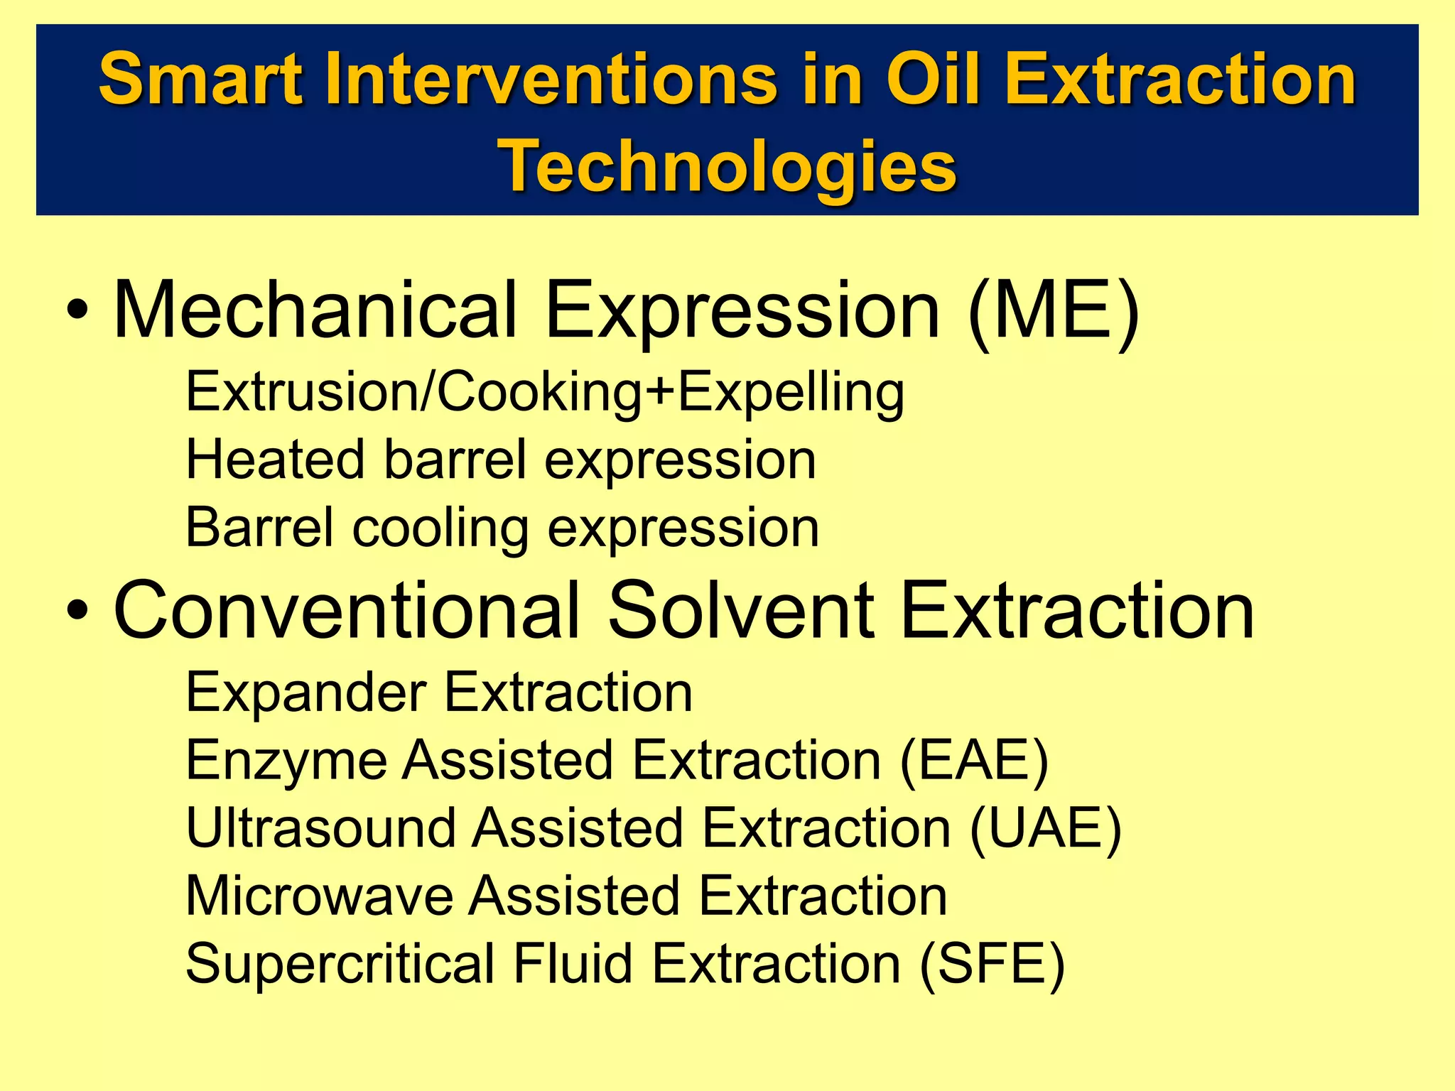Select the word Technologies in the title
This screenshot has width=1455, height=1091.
click(x=729, y=166)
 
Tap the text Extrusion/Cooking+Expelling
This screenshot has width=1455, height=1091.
click(x=545, y=392)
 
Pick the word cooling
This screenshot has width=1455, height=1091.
click(x=440, y=528)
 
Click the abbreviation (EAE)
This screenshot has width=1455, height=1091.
click(x=974, y=760)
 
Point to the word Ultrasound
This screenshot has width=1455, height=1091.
click(x=320, y=828)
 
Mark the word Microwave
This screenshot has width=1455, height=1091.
click(x=319, y=896)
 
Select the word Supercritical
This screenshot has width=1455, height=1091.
click(x=340, y=964)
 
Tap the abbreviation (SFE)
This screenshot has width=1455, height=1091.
click(x=992, y=964)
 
